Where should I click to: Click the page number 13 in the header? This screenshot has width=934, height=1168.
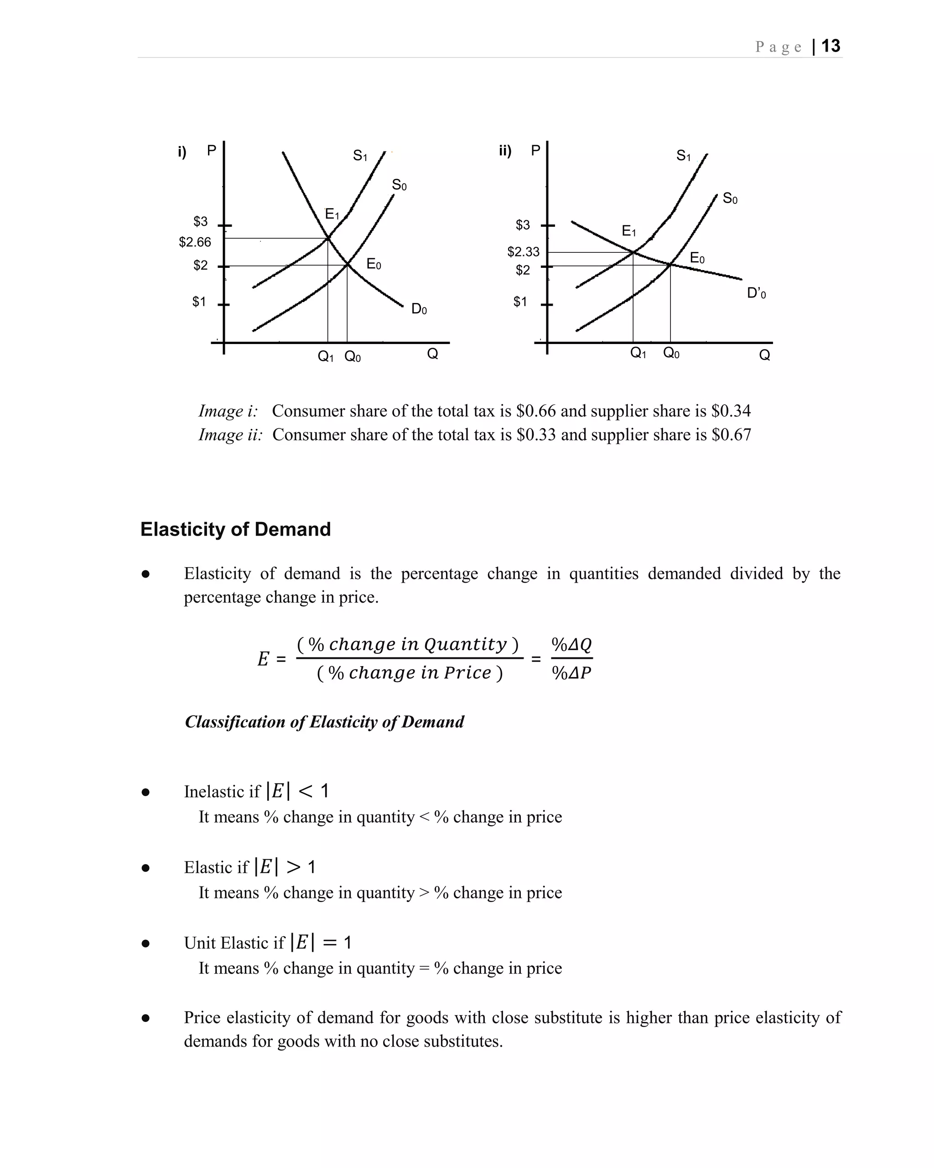tap(830, 46)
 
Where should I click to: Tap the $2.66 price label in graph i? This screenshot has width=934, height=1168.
tap(195, 242)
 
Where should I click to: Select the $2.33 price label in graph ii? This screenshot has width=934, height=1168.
tap(523, 252)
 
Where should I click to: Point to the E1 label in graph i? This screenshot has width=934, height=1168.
tap(332, 214)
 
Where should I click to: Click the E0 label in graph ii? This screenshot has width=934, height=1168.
tap(697, 258)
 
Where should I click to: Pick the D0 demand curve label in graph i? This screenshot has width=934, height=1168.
tap(419, 309)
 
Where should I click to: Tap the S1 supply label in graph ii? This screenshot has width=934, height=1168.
tap(683, 156)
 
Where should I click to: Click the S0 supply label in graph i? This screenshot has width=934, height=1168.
tap(399, 185)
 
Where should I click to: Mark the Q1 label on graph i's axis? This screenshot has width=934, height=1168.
tap(326, 356)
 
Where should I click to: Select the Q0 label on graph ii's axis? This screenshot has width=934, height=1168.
tap(671, 353)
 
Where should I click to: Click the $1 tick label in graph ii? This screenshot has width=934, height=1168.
tap(520, 302)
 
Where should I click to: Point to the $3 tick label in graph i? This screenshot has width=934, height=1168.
tap(200, 222)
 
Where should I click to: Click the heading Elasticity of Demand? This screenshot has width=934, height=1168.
tap(235, 529)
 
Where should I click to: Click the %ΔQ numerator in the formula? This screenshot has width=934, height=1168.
tap(571, 645)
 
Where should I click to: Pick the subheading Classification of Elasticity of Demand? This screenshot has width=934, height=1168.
tap(324, 722)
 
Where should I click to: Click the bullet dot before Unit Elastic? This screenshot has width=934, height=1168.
tap(145, 944)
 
